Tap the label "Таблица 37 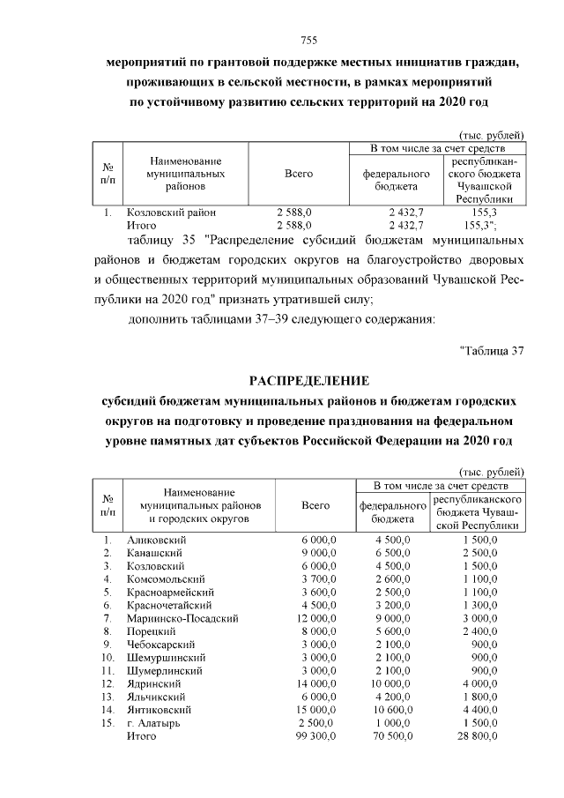point(493,350)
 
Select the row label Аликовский point(154,539)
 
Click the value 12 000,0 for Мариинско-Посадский point(315,619)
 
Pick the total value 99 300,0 point(315,735)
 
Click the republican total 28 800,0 point(477,735)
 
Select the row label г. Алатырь point(153,722)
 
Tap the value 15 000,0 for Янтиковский point(315,709)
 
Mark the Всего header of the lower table point(315,505)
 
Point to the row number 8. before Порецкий point(107,631)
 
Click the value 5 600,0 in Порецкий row point(393,631)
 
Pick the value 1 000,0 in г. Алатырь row point(393,722)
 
